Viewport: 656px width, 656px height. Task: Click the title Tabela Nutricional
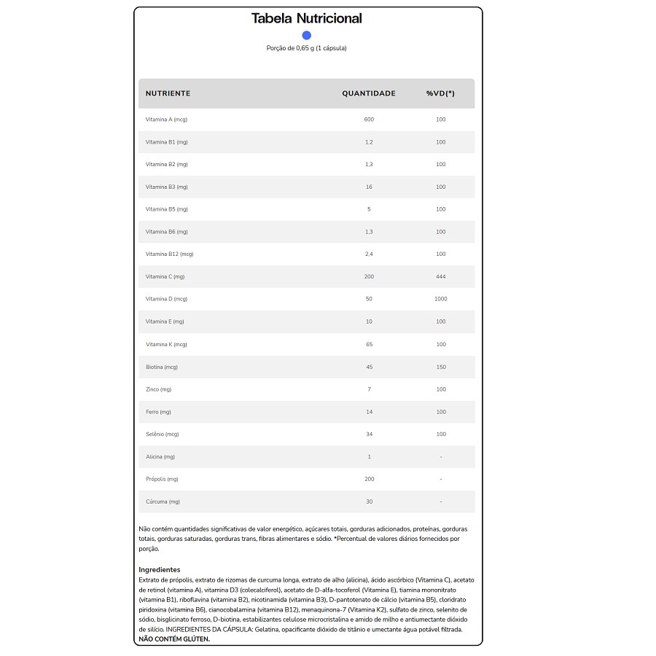click(x=306, y=18)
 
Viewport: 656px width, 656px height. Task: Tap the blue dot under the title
click(x=307, y=35)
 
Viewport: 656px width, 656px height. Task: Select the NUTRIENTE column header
click(x=168, y=93)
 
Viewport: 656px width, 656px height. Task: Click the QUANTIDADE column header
click(x=369, y=93)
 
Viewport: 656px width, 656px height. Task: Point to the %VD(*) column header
click(x=440, y=93)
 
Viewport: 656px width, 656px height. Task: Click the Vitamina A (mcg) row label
click(x=167, y=120)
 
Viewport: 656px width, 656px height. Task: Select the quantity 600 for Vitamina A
click(x=369, y=120)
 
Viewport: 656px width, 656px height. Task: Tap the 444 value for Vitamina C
click(x=440, y=277)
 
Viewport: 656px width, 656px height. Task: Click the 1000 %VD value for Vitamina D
click(x=440, y=299)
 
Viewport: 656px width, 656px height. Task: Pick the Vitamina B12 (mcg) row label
click(x=169, y=254)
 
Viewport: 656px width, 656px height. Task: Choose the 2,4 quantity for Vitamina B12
click(x=369, y=254)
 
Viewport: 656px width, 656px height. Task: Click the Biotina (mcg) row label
click(x=162, y=367)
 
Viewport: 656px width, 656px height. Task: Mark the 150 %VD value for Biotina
click(x=440, y=367)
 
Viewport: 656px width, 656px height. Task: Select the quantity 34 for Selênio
click(x=369, y=434)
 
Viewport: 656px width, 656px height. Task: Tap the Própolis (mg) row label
click(x=162, y=479)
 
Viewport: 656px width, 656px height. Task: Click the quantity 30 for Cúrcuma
click(x=369, y=501)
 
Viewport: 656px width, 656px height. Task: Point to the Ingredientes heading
click(x=159, y=569)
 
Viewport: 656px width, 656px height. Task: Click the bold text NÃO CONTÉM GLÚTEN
click(x=173, y=639)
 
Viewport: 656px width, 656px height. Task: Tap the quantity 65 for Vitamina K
click(x=369, y=344)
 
